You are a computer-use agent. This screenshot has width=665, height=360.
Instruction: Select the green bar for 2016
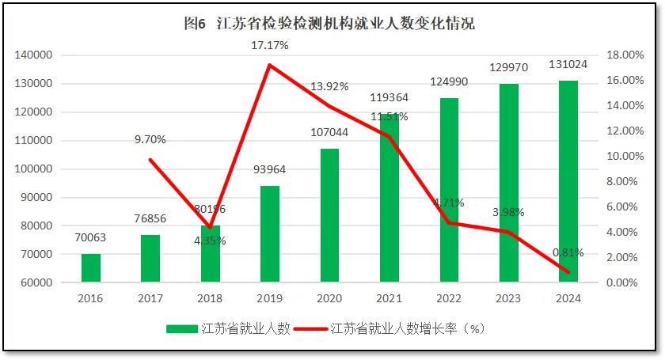point(91,268)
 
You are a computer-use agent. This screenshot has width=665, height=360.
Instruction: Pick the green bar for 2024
point(568,181)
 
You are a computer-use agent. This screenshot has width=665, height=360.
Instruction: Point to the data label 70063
point(91,237)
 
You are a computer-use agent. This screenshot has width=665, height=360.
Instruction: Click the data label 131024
point(568,65)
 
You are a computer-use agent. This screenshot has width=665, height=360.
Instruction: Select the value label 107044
point(329,133)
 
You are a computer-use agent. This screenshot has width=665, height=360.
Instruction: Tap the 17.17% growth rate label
point(270,46)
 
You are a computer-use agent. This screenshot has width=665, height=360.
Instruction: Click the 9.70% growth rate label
point(150,139)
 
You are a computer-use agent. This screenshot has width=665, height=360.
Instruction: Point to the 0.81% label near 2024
point(568,253)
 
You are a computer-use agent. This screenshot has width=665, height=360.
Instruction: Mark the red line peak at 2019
point(270,65)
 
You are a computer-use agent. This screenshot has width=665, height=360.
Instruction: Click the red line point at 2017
point(150,160)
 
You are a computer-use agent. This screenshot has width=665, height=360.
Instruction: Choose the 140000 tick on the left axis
point(33,55)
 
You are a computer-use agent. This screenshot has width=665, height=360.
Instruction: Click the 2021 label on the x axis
point(389,298)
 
